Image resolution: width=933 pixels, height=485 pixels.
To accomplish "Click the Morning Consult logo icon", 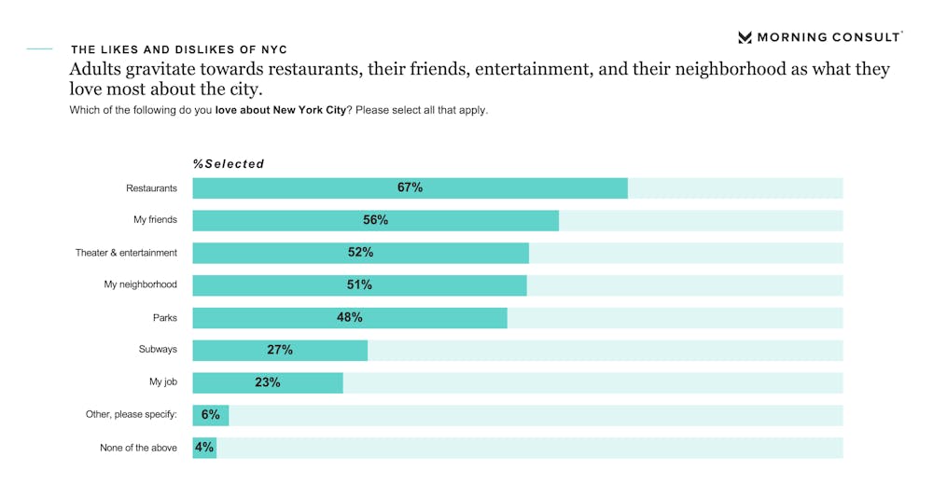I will pos(745,37).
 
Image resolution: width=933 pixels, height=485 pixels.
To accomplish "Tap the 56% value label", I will pos(376,220).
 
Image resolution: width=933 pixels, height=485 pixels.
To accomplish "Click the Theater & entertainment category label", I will pos(126,253).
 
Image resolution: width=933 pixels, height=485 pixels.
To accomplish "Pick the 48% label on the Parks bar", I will pos(350,317).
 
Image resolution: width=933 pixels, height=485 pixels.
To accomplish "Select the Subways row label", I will pos(158,350).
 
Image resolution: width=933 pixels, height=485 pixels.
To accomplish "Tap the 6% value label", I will pos(210,415).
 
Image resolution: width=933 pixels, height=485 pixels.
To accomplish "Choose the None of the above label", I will pos(138,448).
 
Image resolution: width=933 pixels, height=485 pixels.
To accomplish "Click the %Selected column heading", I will pos(229,164).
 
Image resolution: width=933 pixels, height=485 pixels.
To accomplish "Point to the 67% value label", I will pos(410,187).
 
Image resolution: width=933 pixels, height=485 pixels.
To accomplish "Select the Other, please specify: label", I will pos(132,415).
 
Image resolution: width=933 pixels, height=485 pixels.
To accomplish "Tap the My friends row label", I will pos(155,220).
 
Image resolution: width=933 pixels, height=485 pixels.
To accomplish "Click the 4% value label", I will pos(203,448).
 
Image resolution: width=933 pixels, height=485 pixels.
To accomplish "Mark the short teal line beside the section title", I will pos(39,48).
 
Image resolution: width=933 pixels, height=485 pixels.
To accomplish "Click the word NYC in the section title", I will pos(272,49).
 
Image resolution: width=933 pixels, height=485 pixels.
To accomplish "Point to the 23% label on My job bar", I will pos(268,382).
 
